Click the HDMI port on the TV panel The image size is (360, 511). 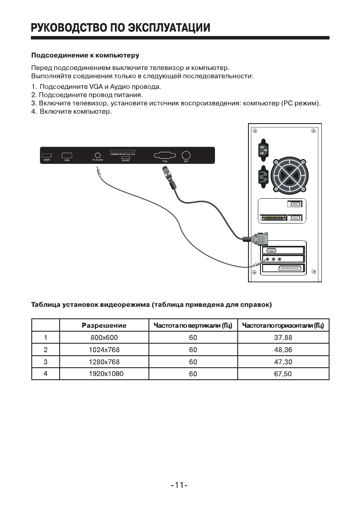point(46,155)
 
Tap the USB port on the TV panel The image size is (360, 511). point(67,155)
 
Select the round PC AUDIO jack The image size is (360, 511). point(98,155)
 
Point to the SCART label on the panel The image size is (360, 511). point(126,160)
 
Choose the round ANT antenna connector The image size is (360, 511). point(186,155)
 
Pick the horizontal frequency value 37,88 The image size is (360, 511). point(283,338)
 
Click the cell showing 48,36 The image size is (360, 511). point(283,350)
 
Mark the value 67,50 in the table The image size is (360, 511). point(283,374)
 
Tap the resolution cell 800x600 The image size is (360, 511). point(103,338)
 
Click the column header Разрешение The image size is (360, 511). point(104,326)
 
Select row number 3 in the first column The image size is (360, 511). point(45,362)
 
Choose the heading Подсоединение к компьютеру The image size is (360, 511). point(85,56)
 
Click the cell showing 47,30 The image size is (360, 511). point(283,362)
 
